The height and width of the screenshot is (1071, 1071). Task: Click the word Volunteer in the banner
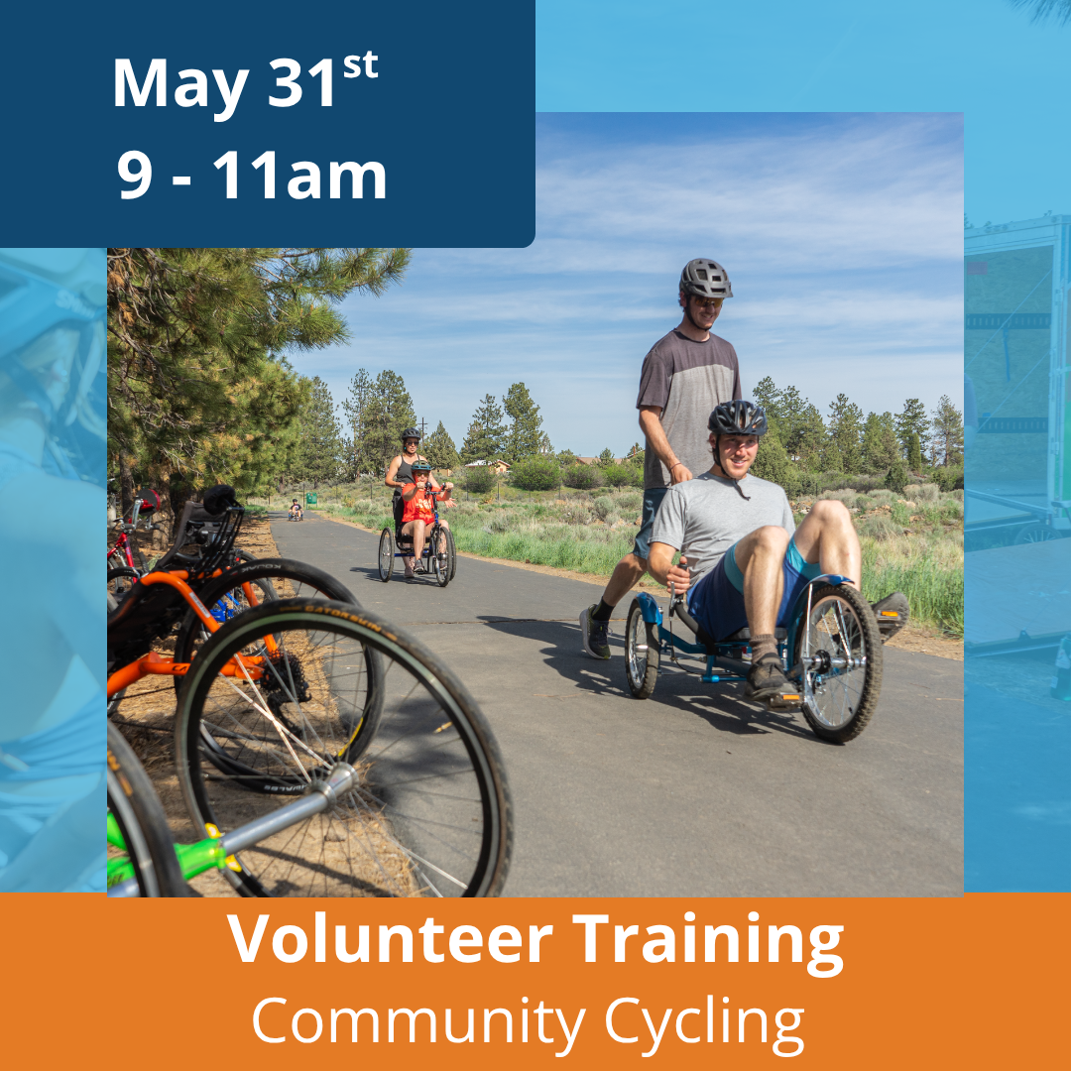[390, 938]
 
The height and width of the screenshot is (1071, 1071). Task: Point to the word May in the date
[180, 86]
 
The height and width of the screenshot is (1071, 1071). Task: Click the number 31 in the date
[301, 82]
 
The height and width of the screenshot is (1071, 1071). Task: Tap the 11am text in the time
[299, 175]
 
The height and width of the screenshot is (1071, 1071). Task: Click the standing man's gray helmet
[705, 278]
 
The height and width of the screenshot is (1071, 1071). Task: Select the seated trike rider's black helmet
[738, 418]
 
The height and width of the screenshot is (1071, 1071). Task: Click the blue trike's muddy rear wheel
[839, 661]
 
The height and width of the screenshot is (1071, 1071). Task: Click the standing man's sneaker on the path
[594, 632]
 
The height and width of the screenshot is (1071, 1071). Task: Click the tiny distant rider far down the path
[296, 510]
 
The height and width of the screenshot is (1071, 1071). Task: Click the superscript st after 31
[360, 65]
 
